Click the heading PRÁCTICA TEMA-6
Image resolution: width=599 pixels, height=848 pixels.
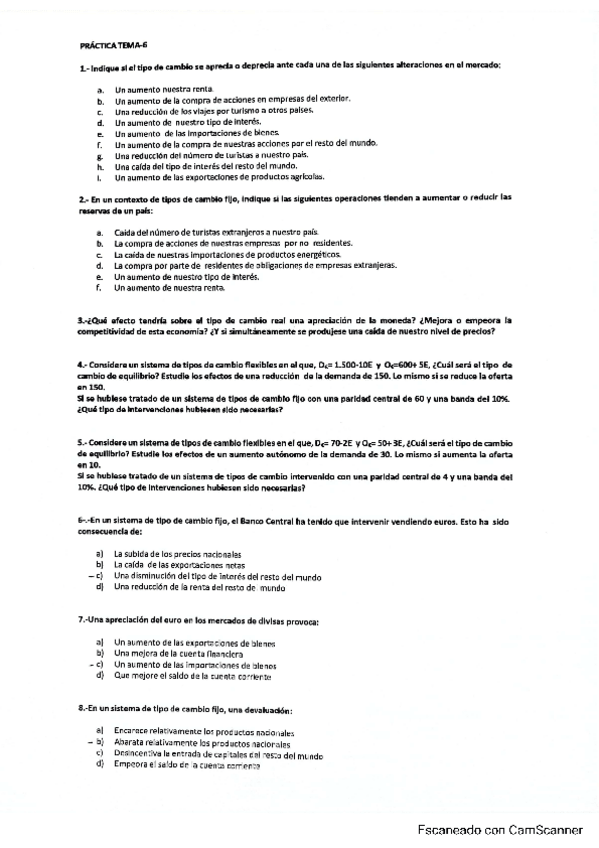click(112, 45)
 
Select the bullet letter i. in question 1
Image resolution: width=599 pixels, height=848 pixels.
click(100, 178)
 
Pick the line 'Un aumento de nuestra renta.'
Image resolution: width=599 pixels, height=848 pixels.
click(170, 288)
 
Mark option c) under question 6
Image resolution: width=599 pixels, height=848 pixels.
click(100, 576)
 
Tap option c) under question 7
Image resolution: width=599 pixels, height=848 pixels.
click(100, 665)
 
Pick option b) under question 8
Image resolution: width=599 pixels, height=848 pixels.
click(100, 743)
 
